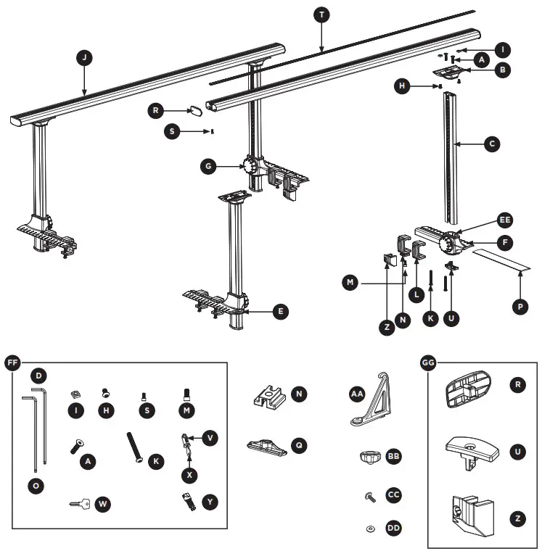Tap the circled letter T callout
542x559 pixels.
click(x=321, y=15)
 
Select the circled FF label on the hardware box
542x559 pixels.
click(x=13, y=363)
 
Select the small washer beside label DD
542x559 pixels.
click(x=371, y=528)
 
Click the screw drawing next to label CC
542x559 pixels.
click(x=370, y=497)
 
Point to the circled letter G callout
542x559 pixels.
click(x=209, y=166)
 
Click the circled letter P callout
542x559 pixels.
click(x=519, y=307)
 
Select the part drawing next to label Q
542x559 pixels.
click(x=267, y=444)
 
